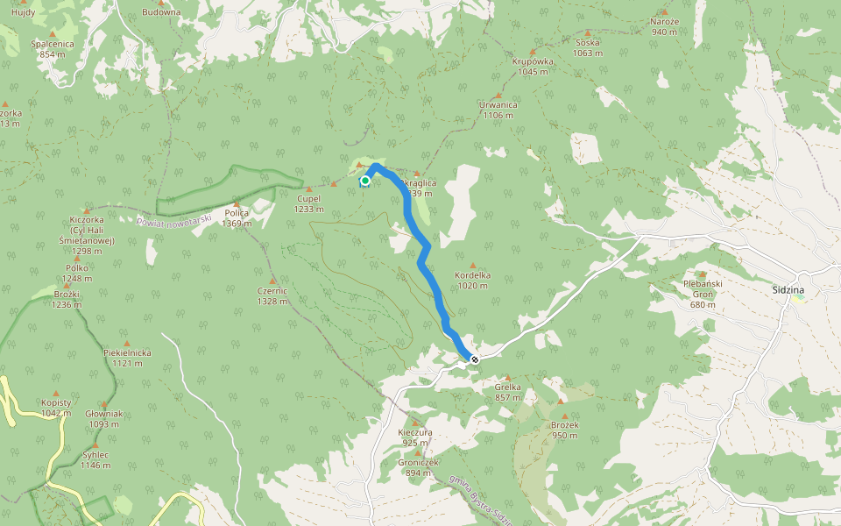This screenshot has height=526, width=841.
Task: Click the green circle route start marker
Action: click(365, 181)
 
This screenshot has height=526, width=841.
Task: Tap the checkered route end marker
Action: click(474, 359)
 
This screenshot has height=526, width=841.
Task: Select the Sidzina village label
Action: click(788, 289)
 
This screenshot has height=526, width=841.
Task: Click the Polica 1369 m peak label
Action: click(237, 217)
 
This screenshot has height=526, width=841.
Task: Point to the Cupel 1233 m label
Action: click(307, 203)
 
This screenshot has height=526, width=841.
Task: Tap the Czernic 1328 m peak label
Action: click(272, 295)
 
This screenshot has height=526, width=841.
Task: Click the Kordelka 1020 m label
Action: click(473, 280)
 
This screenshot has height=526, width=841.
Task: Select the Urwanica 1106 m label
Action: click(498, 110)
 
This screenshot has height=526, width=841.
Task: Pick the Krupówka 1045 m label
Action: click(533, 67)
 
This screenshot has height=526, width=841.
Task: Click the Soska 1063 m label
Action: click(588, 47)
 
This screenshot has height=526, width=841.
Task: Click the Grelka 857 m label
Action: click(507, 391)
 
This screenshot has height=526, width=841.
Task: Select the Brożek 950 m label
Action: click(565, 430)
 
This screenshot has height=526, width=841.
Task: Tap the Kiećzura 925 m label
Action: click(415, 437)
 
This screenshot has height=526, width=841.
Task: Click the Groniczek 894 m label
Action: click(418, 466)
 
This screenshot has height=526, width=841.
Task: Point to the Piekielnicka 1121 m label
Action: click(127, 357)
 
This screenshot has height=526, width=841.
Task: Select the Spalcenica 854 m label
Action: click(53, 48)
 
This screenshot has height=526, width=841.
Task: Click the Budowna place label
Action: click(161, 12)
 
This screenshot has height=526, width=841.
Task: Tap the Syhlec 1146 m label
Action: click(95, 459)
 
